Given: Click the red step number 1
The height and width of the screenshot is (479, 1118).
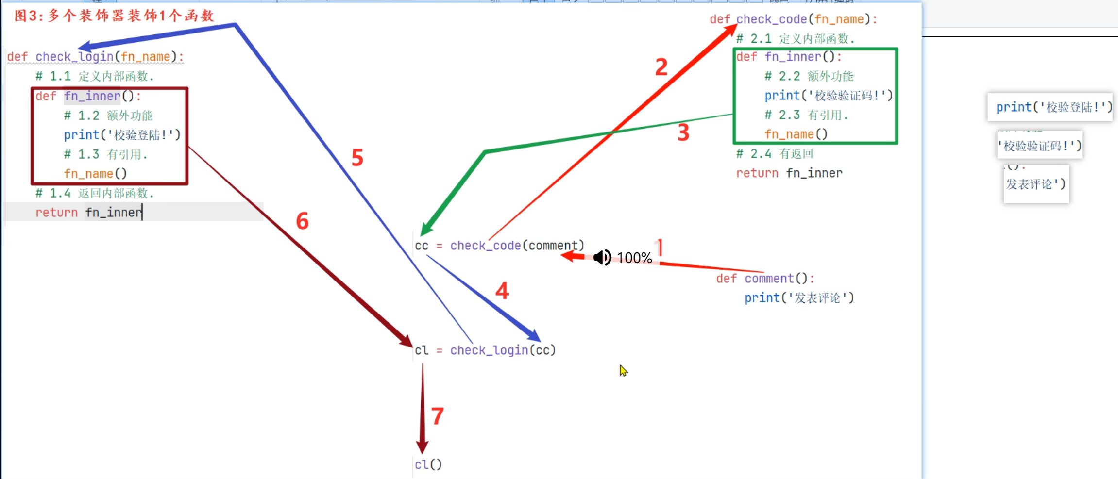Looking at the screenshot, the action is point(659,248).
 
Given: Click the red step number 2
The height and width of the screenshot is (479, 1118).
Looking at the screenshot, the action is point(661,67).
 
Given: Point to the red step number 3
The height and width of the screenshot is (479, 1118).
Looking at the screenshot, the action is point(683,132).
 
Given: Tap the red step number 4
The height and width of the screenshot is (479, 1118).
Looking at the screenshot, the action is point(502,291).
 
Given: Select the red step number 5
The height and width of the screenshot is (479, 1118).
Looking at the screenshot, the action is point(357,158).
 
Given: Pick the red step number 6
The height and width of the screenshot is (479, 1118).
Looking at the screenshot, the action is point(303,221).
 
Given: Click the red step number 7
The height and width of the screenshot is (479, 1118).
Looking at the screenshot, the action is point(437,416).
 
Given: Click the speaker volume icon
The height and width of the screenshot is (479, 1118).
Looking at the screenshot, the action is point(602,257).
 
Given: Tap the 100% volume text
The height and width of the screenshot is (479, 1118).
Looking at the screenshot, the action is point(634,258).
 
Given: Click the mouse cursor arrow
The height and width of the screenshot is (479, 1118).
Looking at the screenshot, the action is point(623,370).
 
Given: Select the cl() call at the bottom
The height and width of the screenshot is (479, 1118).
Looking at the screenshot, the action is point(428,464).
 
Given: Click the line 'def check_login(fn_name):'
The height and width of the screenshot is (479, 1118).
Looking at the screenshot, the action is point(95,57).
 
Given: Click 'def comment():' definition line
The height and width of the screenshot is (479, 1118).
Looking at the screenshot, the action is point(765,279).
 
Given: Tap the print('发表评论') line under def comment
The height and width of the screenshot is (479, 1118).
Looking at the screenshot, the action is point(799,298).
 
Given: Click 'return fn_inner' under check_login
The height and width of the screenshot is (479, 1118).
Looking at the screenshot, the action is point(88,213).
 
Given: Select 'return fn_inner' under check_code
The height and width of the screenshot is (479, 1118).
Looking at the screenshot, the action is point(789,173).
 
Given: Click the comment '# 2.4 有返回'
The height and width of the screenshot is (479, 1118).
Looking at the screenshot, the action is point(774,154).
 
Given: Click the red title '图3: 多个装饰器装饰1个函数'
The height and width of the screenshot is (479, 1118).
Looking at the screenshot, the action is point(114,16).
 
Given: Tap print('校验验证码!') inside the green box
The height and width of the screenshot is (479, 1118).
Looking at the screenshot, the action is point(828,96).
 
